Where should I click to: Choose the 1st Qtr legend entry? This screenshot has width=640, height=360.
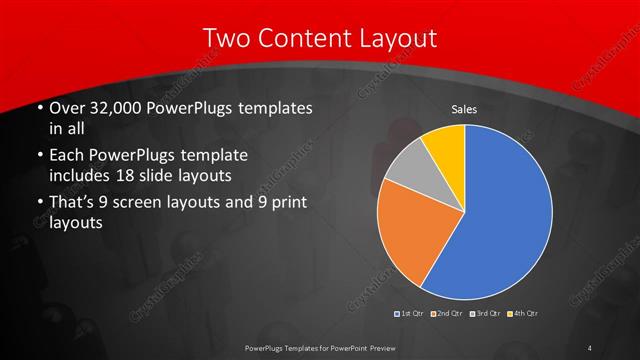tap(409, 314)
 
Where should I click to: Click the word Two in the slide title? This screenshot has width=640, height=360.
tap(228, 38)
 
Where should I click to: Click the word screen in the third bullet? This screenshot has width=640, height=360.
tap(137, 204)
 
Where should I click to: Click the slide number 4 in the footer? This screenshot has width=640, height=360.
tap(590, 347)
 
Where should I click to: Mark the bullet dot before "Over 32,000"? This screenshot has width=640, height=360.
tap(38, 108)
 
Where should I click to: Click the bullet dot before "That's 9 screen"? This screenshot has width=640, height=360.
tap(38, 205)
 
